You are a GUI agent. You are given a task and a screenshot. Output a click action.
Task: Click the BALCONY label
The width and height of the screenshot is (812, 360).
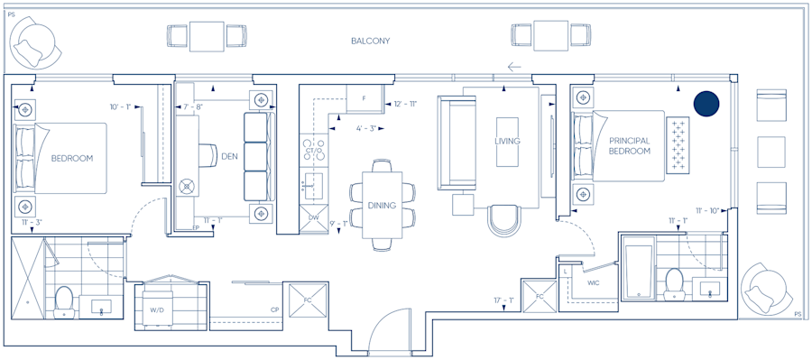(x=370, y=42)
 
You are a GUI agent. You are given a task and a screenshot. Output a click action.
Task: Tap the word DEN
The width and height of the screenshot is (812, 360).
(x=229, y=156)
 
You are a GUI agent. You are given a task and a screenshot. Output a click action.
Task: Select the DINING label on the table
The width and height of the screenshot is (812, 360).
(x=382, y=206)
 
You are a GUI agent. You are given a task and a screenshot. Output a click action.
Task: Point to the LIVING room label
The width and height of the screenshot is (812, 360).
(x=508, y=142)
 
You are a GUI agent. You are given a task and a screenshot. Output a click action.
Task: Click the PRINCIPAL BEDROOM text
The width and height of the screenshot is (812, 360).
(x=630, y=146)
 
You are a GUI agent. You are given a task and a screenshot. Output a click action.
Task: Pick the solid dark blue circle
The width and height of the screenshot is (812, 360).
(x=706, y=104)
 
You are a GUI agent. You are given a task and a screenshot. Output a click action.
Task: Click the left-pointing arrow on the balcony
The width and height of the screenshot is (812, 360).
(x=514, y=66)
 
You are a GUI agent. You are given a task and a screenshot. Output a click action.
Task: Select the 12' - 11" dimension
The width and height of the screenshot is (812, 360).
(x=405, y=105)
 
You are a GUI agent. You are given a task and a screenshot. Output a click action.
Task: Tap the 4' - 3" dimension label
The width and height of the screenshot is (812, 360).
(x=365, y=128)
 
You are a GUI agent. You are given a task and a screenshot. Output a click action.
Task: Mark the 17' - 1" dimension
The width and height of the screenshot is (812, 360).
(x=504, y=300)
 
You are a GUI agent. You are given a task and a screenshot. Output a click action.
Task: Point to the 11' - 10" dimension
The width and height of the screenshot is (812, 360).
(x=706, y=211)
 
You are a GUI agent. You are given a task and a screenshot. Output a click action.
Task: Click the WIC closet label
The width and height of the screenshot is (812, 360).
(x=593, y=283)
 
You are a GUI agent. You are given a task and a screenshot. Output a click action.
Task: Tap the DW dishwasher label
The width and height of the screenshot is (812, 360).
(x=313, y=217)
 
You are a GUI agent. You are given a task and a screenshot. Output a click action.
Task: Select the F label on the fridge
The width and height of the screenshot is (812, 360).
(x=364, y=97)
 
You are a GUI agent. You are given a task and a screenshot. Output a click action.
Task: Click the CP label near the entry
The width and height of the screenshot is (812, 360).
(x=273, y=309)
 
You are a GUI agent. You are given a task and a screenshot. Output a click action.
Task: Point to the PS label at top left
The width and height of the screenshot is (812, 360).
(x=11, y=14)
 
